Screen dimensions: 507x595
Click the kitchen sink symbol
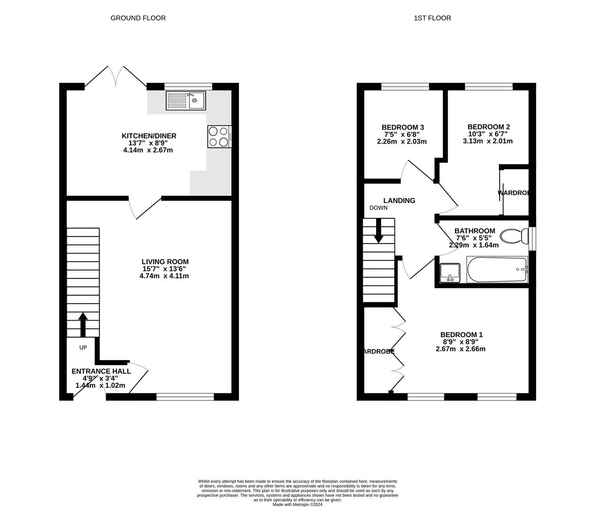tap(185, 100)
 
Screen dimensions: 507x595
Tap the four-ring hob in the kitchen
tap(218, 137)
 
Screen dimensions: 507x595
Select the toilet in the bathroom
tap(513, 236)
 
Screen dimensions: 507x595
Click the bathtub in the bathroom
tap(497, 269)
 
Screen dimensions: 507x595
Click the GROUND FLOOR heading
tap(138, 18)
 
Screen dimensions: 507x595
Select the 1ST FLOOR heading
tap(432, 18)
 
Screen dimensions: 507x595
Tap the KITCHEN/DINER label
tap(149, 136)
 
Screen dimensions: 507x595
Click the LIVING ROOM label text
tap(165, 262)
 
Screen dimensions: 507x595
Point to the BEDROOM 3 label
tap(402, 127)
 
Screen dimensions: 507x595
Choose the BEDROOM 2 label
tap(488, 127)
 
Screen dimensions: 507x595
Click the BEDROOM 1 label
tap(461, 335)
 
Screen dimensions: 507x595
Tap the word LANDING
tap(399, 200)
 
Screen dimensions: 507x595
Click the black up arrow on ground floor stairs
tap(83, 324)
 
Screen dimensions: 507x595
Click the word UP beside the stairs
tap(83, 348)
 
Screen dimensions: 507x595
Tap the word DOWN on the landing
tap(379, 208)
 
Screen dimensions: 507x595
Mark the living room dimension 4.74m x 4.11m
tap(164, 276)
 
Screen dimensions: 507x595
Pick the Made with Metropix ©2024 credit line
tap(297, 505)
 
